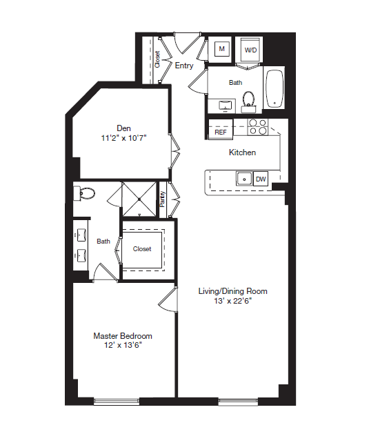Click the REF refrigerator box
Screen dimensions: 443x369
(x=221, y=131)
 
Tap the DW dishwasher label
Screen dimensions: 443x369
(x=261, y=179)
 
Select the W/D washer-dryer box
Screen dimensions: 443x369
(x=250, y=50)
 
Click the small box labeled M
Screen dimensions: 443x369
(x=221, y=49)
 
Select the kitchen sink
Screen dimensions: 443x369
(x=243, y=179)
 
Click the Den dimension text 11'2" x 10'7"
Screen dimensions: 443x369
(x=124, y=137)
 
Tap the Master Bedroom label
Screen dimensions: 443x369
(x=123, y=336)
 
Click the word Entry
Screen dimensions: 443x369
(x=184, y=66)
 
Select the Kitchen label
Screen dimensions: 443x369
(x=242, y=152)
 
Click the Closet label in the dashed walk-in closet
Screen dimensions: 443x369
(x=142, y=249)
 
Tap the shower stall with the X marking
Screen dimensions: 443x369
(x=139, y=200)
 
